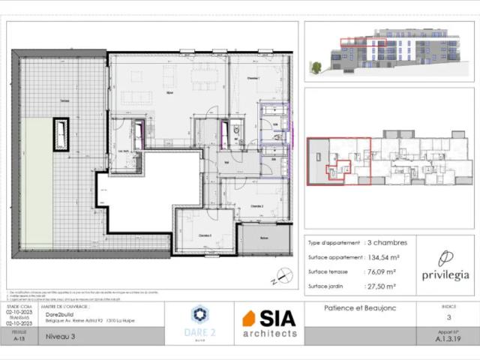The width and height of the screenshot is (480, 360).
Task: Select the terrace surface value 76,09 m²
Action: (385, 271)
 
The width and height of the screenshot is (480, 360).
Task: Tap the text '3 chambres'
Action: (388, 242)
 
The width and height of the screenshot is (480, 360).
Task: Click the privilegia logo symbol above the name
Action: (445, 258)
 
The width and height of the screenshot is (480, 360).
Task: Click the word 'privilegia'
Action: (445, 275)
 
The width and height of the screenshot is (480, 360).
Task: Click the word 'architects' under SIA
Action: (269, 333)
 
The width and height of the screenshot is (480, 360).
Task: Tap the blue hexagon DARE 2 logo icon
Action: (199, 314)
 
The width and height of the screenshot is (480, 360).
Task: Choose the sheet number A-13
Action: (19, 338)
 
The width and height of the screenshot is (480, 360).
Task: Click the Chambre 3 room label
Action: (205, 235)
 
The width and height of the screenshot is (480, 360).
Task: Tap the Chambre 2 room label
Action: (257, 205)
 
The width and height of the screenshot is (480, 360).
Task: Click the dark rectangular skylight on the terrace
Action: (60, 136)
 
